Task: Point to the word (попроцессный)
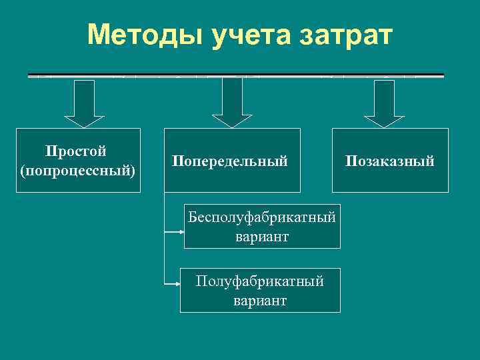78,171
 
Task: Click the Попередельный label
230,161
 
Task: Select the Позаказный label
389,161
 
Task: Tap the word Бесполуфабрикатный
261,217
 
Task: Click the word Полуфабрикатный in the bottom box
260,281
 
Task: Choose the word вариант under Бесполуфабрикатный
262,237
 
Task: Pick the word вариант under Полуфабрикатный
260,301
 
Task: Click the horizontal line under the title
236,75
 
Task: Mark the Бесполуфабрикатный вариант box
262,227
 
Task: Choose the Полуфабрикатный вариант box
260,291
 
